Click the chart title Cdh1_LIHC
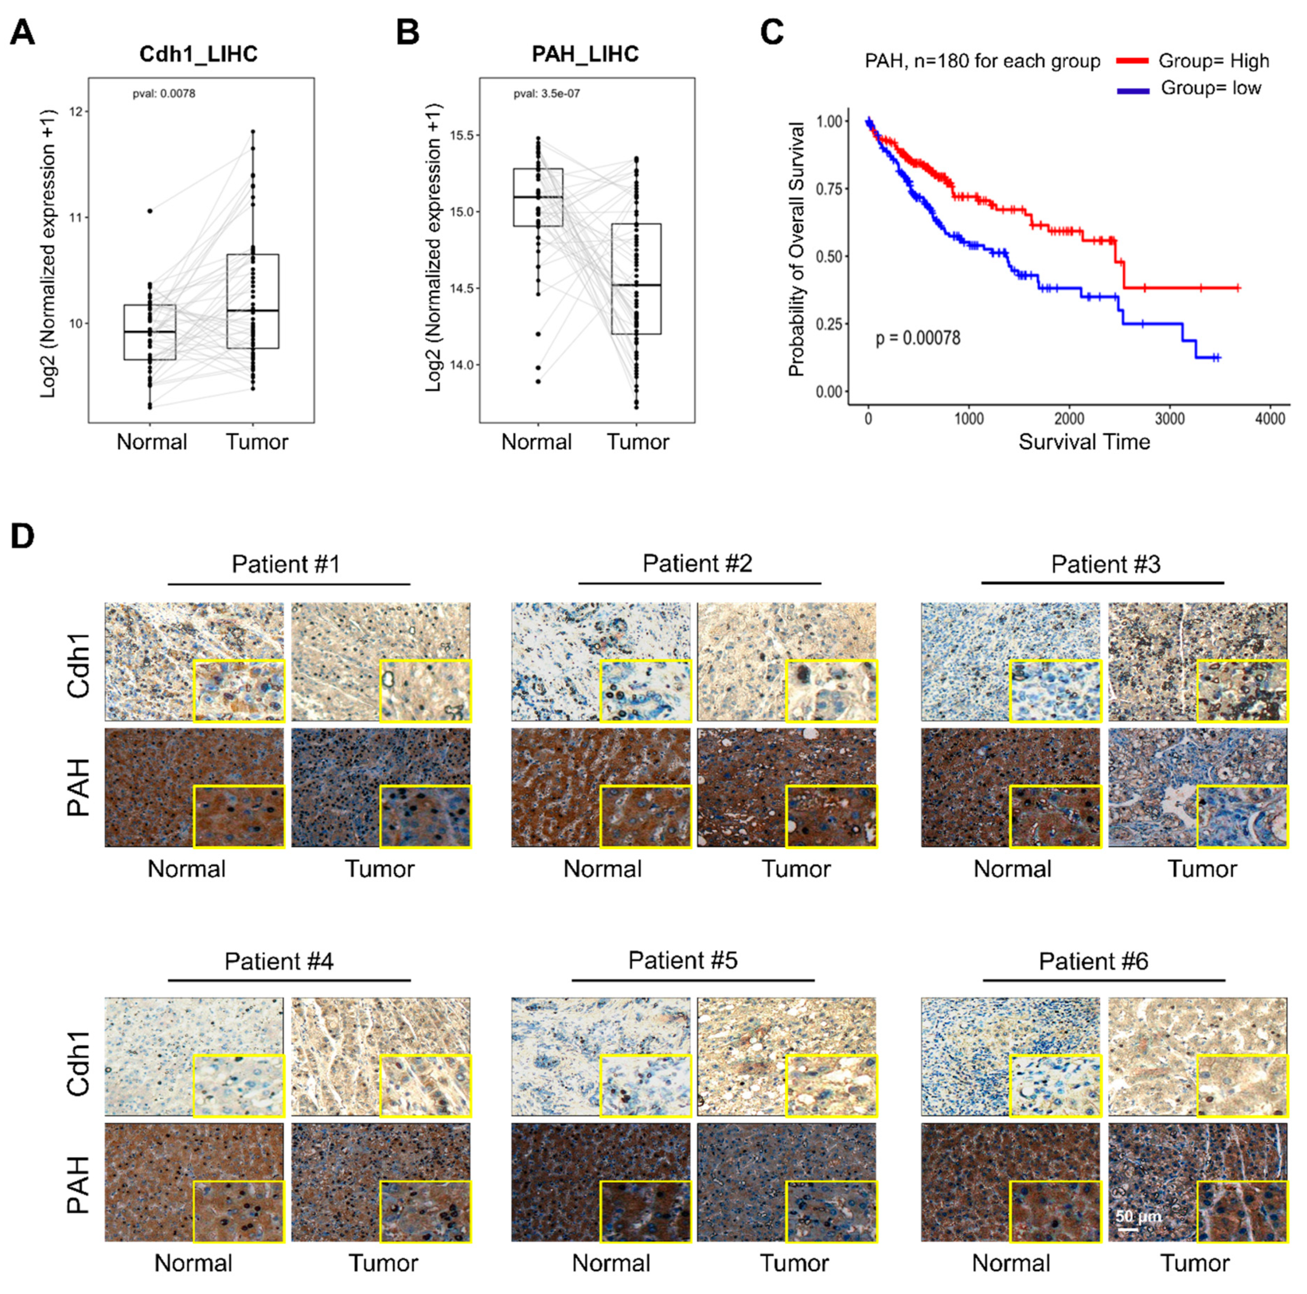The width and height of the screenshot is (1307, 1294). tap(198, 54)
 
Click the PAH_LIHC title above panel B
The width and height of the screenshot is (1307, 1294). tap(585, 54)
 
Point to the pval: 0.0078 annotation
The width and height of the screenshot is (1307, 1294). tap(164, 93)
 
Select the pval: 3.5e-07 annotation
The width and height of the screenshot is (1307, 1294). tap(547, 93)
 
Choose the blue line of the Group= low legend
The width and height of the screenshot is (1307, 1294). tap(1133, 90)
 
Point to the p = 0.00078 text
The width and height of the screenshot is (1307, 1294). tap(918, 338)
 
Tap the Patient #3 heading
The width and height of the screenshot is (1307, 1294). tap(1105, 564)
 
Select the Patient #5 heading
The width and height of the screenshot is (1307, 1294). tap(683, 960)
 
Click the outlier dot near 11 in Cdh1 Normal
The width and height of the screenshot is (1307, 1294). tap(150, 211)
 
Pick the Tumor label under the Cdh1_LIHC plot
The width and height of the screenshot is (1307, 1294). tap(257, 442)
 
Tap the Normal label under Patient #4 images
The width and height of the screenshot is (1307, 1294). tap(193, 1262)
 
